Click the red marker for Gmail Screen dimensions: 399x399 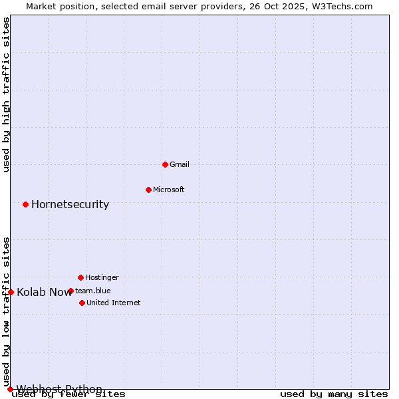pos(165,164)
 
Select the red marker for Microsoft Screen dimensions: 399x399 pos(148,190)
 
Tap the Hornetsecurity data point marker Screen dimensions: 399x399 pos(25,204)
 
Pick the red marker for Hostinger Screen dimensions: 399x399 pos(80,277)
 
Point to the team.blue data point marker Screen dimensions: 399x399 pos(70,291)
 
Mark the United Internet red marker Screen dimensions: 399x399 pos(82,303)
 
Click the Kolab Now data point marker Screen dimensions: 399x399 pos(11,292)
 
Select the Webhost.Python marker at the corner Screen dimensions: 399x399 pos(10,389)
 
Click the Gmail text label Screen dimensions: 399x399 pos(180,164)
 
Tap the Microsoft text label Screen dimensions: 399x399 pos(169,190)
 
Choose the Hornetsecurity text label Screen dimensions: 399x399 pos(70,204)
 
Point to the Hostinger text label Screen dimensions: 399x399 pos(102,277)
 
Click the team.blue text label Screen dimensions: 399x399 pos(93,291)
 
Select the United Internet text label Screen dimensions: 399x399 pos(114,303)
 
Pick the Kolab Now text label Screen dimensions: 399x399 pos(44,292)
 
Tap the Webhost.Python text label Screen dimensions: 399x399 pos(59,389)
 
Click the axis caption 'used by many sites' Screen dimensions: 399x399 pos(334,394)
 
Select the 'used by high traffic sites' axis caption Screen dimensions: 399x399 pos(7,94)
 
